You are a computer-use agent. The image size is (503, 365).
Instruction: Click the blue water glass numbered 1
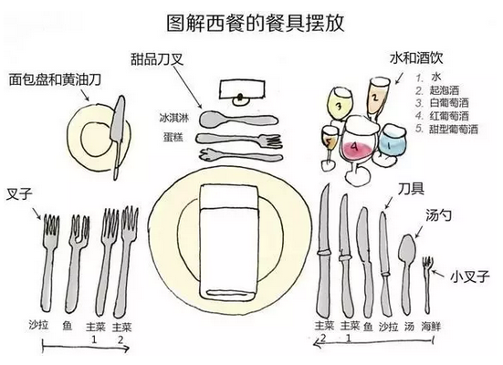pos(392,142)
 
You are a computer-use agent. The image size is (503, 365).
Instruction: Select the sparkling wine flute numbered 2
pos(377,96)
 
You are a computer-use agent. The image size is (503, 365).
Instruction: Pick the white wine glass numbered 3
pos(340,106)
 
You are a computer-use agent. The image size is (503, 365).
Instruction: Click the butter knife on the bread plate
pos(117,136)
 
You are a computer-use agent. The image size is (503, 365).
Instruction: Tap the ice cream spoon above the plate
pos(238,119)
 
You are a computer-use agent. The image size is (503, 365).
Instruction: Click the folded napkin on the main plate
pos(229,242)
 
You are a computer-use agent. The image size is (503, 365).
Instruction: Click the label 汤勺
pos(438,215)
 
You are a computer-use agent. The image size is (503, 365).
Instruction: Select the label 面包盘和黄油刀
pos(55,79)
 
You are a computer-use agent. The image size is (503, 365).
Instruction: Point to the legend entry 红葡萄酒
pos(449,116)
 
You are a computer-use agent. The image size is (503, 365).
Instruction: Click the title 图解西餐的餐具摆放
pos(256,23)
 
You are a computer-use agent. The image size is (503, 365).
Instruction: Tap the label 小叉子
pos(470,276)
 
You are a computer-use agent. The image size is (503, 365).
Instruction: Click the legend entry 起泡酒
pos(445,90)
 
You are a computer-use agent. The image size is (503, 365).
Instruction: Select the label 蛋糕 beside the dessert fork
pos(173,137)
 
